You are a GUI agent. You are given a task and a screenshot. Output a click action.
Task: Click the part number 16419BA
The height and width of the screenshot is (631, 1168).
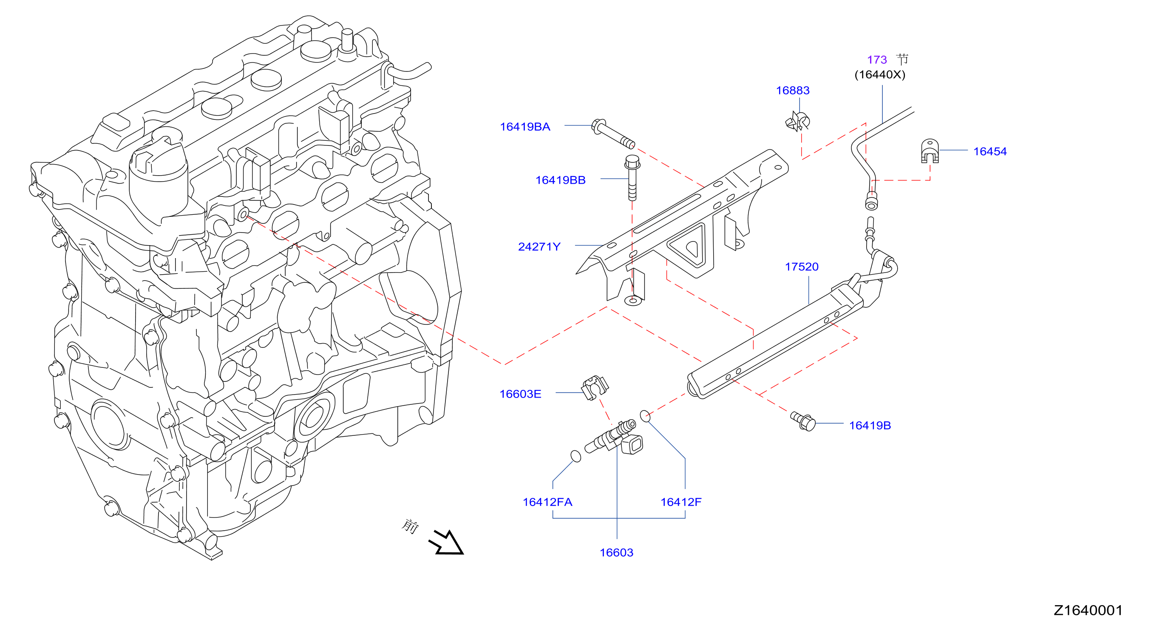[x=525, y=127]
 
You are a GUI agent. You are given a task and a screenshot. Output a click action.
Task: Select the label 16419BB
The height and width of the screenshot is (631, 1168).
[x=561, y=180]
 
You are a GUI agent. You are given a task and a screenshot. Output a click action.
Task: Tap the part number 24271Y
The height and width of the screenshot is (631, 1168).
[x=539, y=247]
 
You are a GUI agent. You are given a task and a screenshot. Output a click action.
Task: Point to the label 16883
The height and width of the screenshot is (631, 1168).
[x=793, y=90]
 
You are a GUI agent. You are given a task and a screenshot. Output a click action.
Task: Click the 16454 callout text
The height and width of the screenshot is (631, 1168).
[x=990, y=151]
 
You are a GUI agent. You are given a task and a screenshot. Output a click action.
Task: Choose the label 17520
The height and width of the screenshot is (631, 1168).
[x=802, y=267]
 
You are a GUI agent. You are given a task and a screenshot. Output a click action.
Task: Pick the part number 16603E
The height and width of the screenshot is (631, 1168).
[x=520, y=394]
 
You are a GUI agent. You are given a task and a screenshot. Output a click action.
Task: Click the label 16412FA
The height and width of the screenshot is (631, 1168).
[x=547, y=502]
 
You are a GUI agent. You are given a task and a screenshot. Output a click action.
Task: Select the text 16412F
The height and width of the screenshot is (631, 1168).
[x=680, y=502]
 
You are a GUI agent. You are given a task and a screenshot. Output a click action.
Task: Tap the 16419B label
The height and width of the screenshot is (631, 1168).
[x=870, y=426]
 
